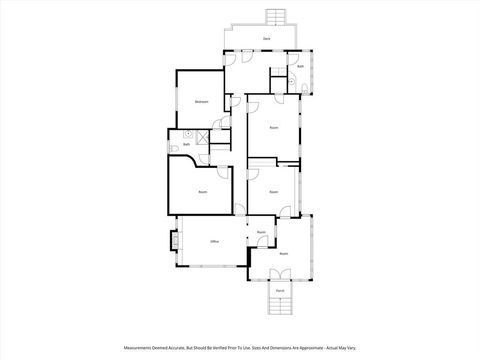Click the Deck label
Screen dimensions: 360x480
266,38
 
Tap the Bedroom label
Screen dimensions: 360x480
201,102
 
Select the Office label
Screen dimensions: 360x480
214,242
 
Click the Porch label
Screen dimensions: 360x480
280,291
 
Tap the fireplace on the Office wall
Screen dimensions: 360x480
174,241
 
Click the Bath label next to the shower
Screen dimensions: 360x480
186,144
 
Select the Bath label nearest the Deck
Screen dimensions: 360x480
300,67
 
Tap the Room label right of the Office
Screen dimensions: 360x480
261,232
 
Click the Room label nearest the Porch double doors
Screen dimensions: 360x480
283,254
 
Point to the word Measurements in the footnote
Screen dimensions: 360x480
140,348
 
